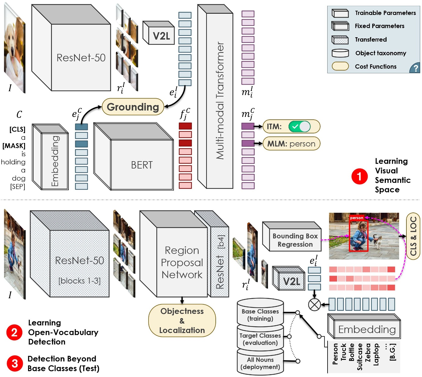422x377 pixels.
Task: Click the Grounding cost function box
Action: (x=133, y=107)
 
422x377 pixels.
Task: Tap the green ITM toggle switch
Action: (x=299, y=126)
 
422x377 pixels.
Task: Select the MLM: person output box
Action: (x=291, y=144)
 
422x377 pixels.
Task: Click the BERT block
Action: (x=141, y=165)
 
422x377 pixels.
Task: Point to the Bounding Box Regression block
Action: (x=295, y=240)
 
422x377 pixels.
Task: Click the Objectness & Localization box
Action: (x=182, y=321)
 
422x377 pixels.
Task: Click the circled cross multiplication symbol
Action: (x=314, y=304)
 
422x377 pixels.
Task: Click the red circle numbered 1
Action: (x=359, y=176)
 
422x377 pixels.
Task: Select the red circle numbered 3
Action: (x=14, y=363)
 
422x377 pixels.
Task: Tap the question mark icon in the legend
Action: (x=415, y=68)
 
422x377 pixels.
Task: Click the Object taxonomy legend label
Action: (x=380, y=53)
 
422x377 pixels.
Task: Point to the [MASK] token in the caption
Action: (x=14, y=146)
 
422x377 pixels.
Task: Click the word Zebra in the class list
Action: (x=368, y=353)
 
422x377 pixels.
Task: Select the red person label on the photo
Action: (x=357, y=218)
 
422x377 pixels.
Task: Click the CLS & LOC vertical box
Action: (x=413, y=236)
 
